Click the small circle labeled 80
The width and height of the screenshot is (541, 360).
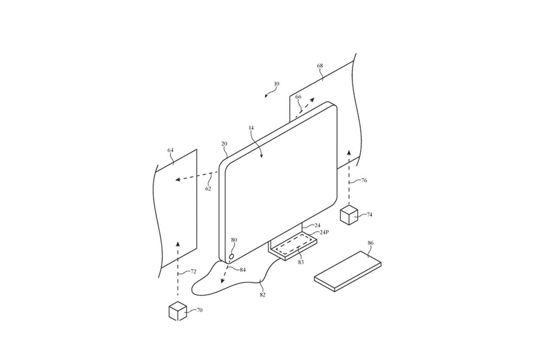[231, 256]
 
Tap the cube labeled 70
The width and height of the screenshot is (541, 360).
[178, 311]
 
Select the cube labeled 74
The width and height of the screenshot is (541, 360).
[349, 215]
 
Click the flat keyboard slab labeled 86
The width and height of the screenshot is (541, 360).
[347, 272]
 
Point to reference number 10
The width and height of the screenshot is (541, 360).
[277, 84]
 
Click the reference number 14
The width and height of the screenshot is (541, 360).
[251, 128]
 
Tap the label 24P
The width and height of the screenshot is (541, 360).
[324, 232]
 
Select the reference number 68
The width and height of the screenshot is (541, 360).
[320, 66]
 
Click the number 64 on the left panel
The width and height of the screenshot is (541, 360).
[170, 150]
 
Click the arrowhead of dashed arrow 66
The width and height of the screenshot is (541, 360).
[312, 99]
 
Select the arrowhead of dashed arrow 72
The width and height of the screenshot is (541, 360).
[178, 244]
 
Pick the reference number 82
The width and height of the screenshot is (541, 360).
[262, 295]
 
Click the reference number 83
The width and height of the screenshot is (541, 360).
[301, 262]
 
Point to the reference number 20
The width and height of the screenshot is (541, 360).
[224, 144]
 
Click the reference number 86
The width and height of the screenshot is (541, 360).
[371, 243]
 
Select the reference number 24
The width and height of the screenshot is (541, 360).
[317, 225]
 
